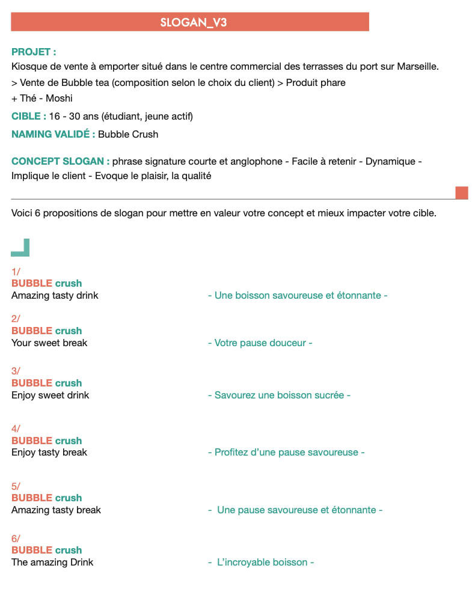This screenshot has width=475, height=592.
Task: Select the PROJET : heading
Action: (x=34, y=52)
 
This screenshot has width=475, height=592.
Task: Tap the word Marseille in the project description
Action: (x=417, y=67)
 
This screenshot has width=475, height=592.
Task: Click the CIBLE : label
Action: (x=28, y=117)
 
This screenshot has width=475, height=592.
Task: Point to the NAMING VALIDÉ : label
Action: (x=53, y=134)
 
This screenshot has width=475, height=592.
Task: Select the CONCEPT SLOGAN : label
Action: (x=60, y=162)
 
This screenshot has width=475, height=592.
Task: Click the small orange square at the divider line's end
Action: (x=461, y=193)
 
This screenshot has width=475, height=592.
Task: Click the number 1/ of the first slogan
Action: (x=16, y=272)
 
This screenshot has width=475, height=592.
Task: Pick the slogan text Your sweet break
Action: (x=49, y=343)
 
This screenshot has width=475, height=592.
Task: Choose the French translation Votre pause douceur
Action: (x=260, y=343)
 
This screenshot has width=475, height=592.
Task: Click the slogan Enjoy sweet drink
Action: (x=50, y=395)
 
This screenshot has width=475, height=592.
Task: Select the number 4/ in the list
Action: (x=16, y=429)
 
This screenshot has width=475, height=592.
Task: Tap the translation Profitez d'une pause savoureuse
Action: (x=286, y=452)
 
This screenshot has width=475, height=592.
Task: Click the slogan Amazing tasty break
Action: (x=56, y=510)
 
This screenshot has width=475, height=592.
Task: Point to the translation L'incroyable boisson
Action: (x=262, y=563)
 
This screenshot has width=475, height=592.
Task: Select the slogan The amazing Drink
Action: (x=52, y=562)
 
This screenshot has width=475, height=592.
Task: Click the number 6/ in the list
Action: (x=16, y=539)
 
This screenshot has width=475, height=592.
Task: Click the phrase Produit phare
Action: (x=316, y=82)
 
